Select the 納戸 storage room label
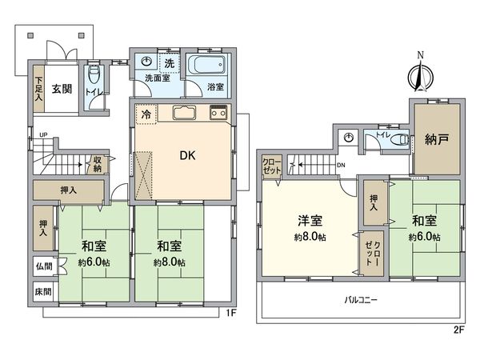point(436,138)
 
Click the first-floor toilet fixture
point(95,78)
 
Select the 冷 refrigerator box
point(145,114)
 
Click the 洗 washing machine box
point(170,62)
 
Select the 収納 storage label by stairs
point(96,163)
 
